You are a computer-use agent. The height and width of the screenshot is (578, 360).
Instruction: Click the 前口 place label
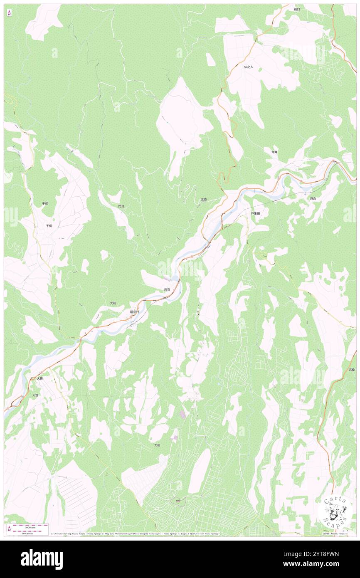296,9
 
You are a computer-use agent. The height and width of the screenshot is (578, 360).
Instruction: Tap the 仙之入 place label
249,67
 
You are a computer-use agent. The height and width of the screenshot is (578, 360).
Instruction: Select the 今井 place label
274,152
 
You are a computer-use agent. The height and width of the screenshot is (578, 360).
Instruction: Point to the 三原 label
204,200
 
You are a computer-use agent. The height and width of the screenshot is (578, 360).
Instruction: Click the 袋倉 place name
313,199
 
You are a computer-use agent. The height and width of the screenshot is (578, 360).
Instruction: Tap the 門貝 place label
121,206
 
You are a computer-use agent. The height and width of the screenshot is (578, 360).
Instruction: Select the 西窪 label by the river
167,289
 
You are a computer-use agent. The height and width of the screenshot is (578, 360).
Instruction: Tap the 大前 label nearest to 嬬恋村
113,303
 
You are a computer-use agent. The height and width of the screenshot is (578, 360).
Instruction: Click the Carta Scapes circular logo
335,511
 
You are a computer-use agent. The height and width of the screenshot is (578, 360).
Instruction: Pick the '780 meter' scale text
27,533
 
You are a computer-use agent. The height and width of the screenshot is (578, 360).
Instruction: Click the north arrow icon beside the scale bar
10,528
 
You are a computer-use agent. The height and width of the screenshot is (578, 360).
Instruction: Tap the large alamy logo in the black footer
42,559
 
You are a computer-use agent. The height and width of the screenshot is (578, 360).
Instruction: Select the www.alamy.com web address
320,564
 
